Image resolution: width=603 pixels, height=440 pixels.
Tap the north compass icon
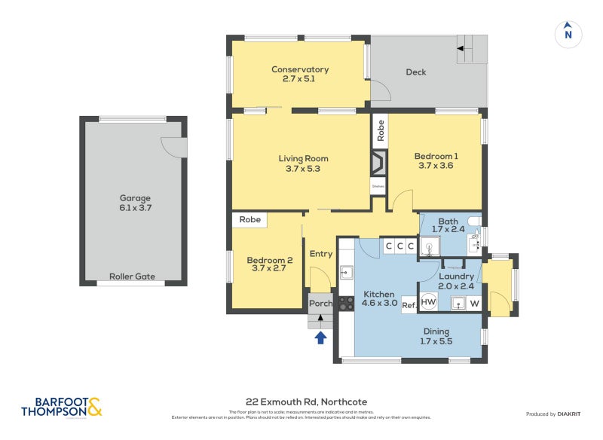pyautogui.click(x=568, y=34)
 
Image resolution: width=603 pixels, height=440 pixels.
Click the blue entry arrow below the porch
pyautogui.click(x=320, y=338)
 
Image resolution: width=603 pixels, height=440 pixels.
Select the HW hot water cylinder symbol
pyautogui.click(x=428, y=302)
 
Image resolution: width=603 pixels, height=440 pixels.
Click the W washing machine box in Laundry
pyautogui.click(x=474, y=303)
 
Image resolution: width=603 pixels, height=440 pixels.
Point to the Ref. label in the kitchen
pyautogui.click(x=409, y=305)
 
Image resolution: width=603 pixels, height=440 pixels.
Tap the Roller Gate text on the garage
pyautogui.click(x=132, y=277)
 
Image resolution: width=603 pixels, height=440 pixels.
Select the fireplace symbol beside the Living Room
pyautogui.click(x=378, y=163)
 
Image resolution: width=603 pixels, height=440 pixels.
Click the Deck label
pyautogui.click(x=415, y=72)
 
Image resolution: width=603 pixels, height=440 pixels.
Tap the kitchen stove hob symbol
pyautogui.click(x=346, y=303)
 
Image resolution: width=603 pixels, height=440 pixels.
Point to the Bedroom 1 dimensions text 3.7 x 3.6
pyautogui.click(x=436, y=166)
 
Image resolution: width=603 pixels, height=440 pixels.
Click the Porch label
pyautogui.click(x=320, y=304)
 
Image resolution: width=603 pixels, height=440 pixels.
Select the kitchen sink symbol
pyautogui.click(x=347, y=272)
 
